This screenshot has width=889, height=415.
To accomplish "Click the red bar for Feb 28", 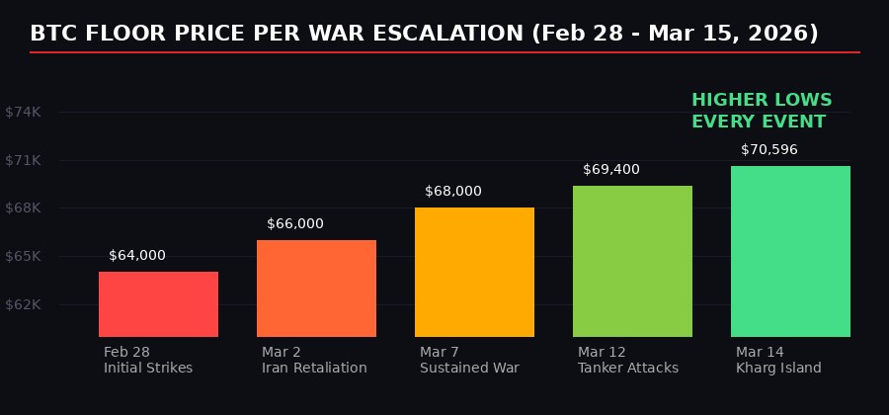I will (x=158, y=304).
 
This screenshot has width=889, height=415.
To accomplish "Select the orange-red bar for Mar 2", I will (x=316, y=289).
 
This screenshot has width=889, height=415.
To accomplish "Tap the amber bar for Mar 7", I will (x=474, y=272).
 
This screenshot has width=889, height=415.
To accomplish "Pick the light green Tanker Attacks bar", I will (x=632, y=261).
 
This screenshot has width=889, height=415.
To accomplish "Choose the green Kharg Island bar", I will (x=790, y=251).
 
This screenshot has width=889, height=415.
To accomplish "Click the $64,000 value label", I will (x=137, y=256).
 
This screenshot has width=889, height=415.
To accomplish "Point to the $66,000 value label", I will (x=295, y=224).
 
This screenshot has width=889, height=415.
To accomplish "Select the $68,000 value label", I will (x=453, y=192).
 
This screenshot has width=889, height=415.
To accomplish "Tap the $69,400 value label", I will (x=611, y=170).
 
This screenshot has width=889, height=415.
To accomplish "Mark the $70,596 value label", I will (x=769, y=150).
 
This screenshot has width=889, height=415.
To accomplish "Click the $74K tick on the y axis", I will (x=23, y=113).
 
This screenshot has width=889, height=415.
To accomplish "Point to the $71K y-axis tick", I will (x=23, y=160).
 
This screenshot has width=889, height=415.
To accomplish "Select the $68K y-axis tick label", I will (x=23, y=208).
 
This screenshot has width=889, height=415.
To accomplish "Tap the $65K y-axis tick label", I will (x=23, y=257).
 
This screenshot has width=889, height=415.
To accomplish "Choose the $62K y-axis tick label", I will (x=23, y=304).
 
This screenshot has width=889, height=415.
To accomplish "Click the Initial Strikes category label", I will (x=148, y=369).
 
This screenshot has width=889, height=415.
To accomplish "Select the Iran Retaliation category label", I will (x=314, y=369).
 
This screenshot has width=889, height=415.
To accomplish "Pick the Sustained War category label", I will (x=469, y=369).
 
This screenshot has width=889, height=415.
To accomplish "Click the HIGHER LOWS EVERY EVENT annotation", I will (x=762, y=112).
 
